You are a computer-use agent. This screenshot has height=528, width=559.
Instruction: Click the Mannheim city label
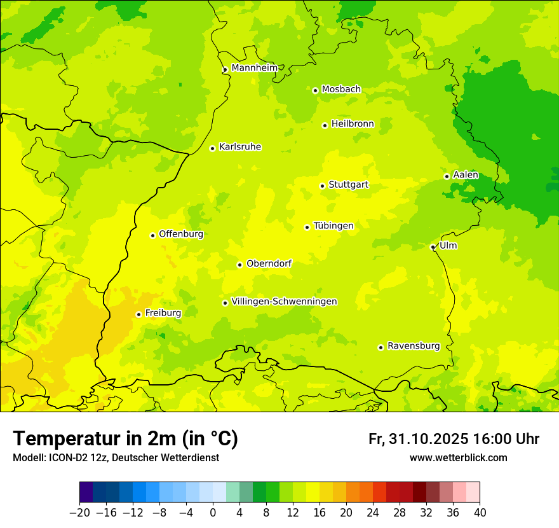(254, 68)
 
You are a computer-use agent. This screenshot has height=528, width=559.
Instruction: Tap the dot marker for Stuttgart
(322, 186)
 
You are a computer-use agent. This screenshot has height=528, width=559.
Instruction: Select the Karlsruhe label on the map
(239, 147)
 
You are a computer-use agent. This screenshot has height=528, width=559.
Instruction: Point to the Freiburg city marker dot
(138, 314)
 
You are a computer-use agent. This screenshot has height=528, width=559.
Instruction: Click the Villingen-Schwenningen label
(284, 302)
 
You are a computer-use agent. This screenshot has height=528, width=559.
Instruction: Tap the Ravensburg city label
(413, 346)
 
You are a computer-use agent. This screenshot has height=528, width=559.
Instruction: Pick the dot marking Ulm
(433, 247)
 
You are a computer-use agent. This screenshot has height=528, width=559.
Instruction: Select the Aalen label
(465, 175)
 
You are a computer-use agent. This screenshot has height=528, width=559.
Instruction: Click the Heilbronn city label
(352, 124)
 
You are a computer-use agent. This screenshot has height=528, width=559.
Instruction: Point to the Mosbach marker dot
(315, 90)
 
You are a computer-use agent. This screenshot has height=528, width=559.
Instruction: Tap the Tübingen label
(333, 226)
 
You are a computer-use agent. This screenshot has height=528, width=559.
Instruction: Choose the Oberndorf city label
(269, 263)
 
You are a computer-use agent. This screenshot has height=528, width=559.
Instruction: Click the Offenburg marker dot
(152, 235)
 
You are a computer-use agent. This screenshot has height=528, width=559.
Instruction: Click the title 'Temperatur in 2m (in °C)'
(125, 439)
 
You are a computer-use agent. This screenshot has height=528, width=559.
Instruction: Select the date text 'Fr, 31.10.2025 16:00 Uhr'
(454, 439)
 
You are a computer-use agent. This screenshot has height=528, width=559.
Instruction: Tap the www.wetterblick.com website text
(458, 458)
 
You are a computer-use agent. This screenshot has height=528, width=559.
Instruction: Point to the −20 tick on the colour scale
(79, 513)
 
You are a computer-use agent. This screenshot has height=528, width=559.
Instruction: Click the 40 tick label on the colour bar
(480, 513)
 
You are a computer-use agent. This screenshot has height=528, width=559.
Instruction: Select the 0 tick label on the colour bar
(213, 513)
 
